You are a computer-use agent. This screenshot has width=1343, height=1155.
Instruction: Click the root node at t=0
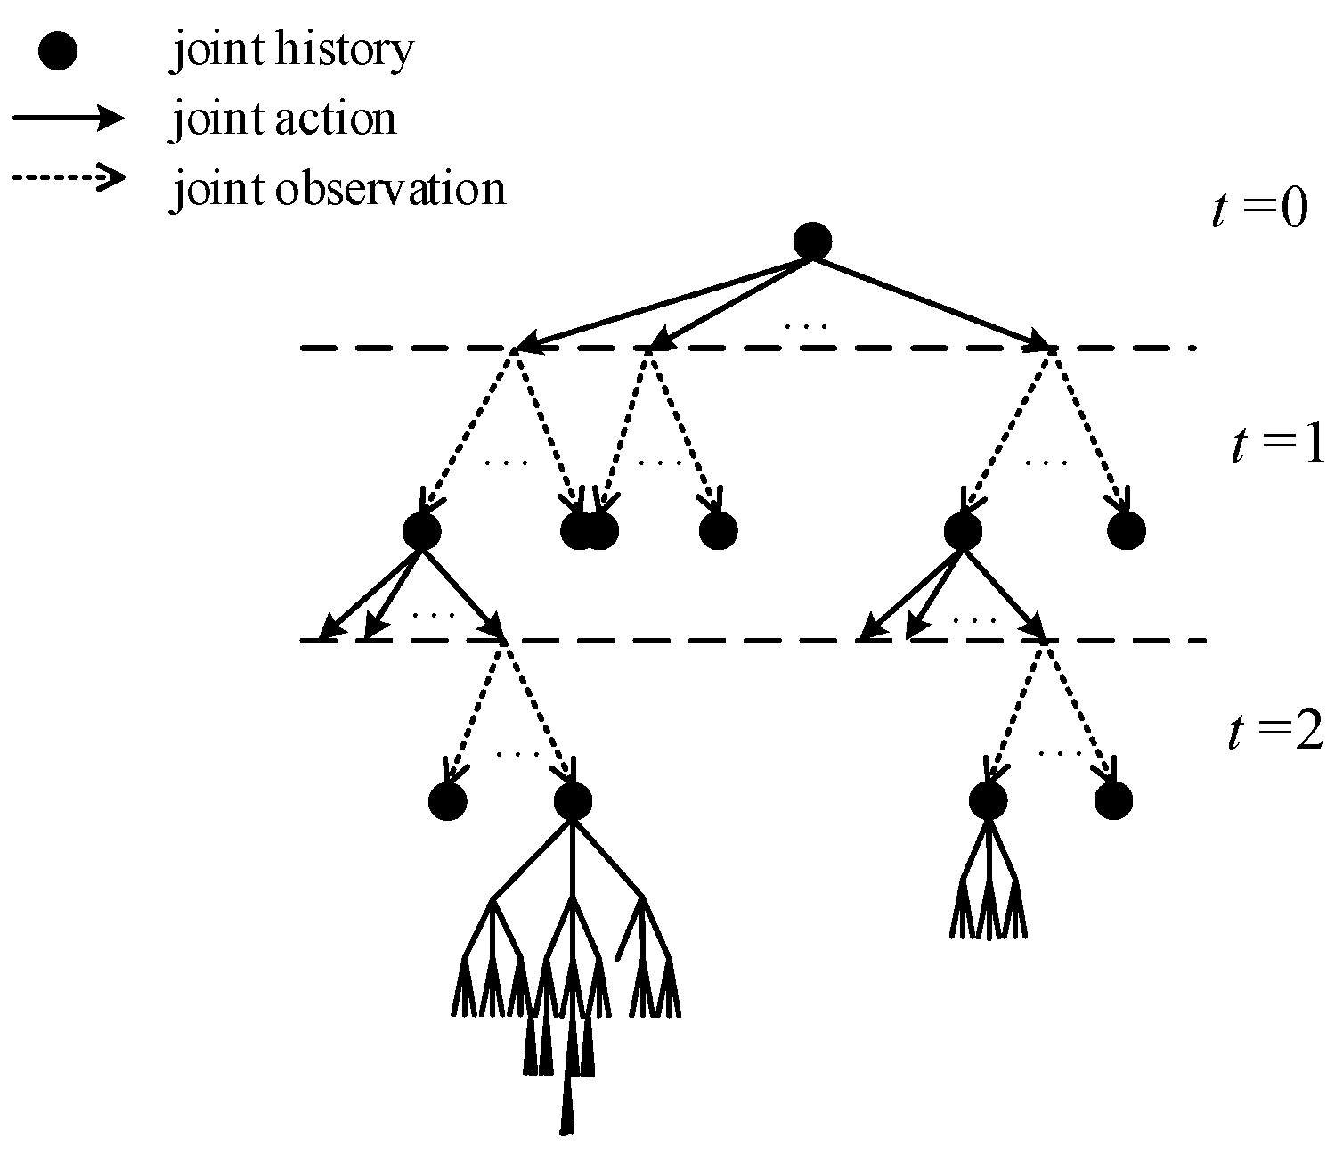(812, 242)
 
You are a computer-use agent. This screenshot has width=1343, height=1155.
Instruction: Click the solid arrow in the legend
(68, 119)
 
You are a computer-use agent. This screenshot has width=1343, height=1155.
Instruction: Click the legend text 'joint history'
(292, 52)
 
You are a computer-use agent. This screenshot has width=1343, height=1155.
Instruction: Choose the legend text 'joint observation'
(338, 189)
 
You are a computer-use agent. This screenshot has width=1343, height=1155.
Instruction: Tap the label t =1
(1277, 446)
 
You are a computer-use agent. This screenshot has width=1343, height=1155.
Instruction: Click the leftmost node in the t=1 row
(422, 531)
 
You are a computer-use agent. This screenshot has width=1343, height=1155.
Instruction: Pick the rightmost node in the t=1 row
(1127, 531)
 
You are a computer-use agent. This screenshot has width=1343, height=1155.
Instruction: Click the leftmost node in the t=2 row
(448, 801)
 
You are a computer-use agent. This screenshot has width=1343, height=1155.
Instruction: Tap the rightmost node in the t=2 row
(1113, 800)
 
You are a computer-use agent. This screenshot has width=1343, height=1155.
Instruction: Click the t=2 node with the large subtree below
(573, 801)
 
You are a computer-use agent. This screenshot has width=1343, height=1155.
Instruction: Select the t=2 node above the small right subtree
(989, 800)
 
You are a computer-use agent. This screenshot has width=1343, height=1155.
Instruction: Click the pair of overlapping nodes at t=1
(590, 531)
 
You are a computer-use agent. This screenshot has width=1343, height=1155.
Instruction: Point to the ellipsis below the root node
(806, 326)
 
